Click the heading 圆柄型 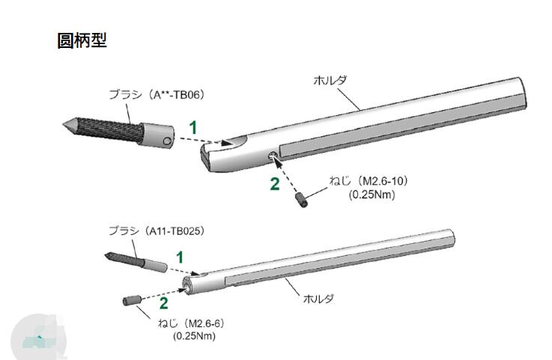(x=82, y=40)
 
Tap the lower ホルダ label (x=318, y=299)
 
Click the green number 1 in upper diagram (x=192, y=128)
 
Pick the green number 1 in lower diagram (x=179, y=257)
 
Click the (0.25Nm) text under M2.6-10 (x=371, y=194)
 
